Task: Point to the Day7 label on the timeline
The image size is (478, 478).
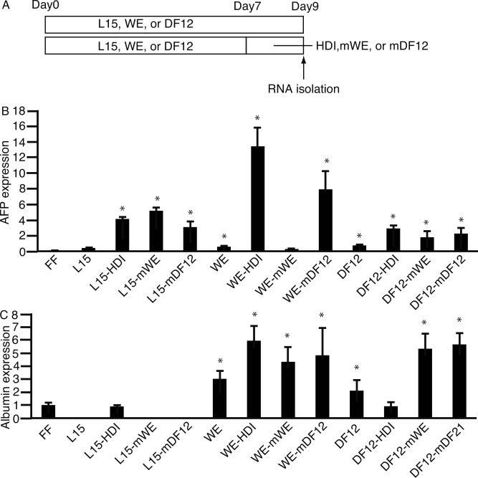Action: (248, 6)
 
